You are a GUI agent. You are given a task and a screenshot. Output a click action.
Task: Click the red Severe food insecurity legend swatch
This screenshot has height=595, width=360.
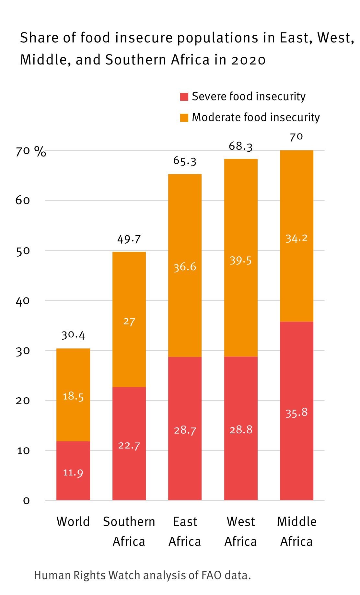point(184,97)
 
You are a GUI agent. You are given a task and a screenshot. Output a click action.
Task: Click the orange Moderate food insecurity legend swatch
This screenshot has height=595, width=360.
point(184,117)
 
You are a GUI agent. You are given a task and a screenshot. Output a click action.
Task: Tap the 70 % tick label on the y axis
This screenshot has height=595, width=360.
point(31,151)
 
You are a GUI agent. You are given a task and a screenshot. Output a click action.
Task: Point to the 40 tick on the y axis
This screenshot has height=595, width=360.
point(23,301)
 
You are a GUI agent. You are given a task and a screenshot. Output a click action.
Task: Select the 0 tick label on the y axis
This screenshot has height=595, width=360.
point(26,501)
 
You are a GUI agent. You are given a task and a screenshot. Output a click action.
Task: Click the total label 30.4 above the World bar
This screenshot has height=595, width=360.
point(73,335)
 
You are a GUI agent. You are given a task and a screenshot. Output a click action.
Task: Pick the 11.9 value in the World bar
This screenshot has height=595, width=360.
point(73,473)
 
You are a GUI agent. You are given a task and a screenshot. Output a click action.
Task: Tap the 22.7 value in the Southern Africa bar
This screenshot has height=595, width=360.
point(129,446)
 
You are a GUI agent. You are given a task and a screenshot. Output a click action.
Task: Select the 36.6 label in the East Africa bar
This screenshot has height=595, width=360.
point(185,267)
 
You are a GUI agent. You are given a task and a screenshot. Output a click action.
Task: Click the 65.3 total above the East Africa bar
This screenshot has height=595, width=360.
point(185,161)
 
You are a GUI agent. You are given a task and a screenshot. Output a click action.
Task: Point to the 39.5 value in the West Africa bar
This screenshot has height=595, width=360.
point(241,261)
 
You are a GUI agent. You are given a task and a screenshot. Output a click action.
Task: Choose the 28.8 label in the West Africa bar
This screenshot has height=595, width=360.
point(241,430)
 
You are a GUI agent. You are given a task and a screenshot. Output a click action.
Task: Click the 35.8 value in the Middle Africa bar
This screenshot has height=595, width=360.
point(296,413)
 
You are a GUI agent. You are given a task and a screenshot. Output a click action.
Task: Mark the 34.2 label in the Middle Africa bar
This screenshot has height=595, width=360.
point(296,239)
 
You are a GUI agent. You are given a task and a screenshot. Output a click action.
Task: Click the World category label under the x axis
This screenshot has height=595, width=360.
point(73,522)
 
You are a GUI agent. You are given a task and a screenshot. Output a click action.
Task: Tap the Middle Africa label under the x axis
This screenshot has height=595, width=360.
point(296,531)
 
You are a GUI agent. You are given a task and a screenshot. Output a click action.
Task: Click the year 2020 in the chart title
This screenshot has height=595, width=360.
point(249,60)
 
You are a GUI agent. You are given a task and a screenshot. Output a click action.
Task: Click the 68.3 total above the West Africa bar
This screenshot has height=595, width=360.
point(241,146)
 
